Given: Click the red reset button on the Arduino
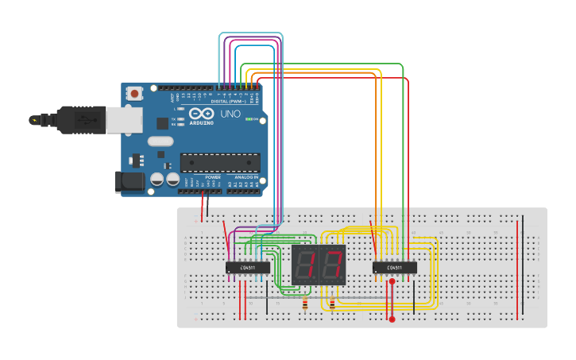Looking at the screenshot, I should pos(134,93).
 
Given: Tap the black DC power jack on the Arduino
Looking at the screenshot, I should pos(130,182).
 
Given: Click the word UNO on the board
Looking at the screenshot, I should pos(230,114).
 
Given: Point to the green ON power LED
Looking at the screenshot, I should pos(249,120).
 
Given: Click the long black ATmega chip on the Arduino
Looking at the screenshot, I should pos(220,163).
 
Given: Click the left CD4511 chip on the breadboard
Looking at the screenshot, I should pos(247,268).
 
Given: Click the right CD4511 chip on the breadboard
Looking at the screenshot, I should pos(395,268).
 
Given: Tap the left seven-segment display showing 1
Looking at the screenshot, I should pos(305,265).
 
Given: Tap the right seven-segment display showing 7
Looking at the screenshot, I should pos(333,265).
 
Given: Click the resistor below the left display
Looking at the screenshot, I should pos(305,304).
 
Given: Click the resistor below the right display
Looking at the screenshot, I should pos(331,304).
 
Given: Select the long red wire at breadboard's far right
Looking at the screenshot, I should pos(517,270).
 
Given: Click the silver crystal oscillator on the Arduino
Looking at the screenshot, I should pos(160,141).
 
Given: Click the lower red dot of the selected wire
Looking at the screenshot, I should pos(392,319).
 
